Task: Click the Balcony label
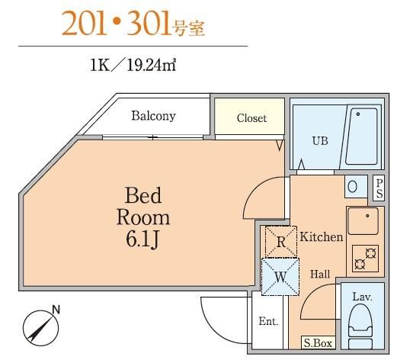(153, 117)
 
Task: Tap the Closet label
(251, 118)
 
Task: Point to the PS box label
(379, 188)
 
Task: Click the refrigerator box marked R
(280, 243)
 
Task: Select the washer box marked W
(280, 277)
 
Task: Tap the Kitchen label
(321, 237)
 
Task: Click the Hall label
(319, 274)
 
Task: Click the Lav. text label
(362, 296)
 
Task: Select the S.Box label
(318, 344)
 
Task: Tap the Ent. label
(268, 321)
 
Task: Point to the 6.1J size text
(143, 239)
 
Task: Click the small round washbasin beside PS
(353, 185)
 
